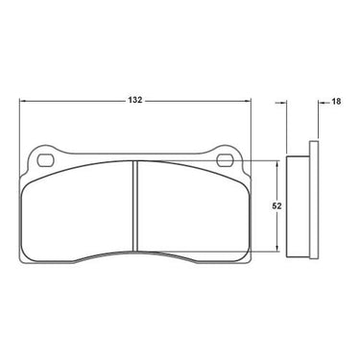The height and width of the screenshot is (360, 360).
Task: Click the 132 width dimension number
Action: pyautogui.click(x=134, y=100)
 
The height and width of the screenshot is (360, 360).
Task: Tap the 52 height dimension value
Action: pyautogui.click(x=276, y=206)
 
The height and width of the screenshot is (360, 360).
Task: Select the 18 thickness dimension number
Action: pyautogui.click(x=336, y=102)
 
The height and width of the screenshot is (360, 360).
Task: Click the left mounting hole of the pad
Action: pyautogui.click(x=44, y=159)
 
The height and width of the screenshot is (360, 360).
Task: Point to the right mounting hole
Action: pyautogui.click(x=225, y=160)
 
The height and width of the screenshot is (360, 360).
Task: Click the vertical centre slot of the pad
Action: pyautogui.click(x=135, y=205)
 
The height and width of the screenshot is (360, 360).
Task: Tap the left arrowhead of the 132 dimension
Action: pyautogui.click(x=22, y=101)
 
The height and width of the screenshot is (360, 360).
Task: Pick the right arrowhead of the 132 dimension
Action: pyautogui.click(x=248, y=101)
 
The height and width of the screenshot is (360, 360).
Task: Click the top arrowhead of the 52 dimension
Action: pyautogui.click(x=277, y=163)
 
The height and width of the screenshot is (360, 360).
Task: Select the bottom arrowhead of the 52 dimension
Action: pyautogui.click(x=277, y=248)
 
